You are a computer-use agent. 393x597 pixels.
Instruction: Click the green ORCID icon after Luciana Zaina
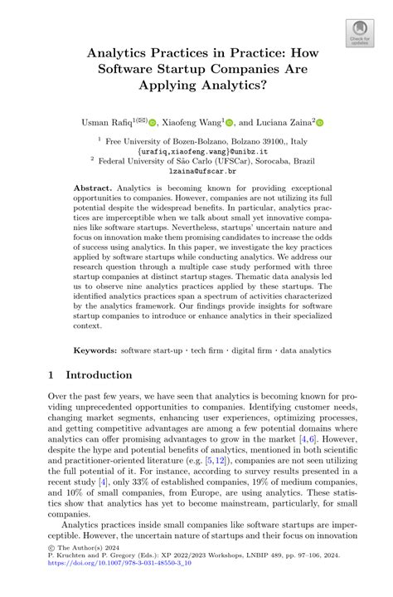319,122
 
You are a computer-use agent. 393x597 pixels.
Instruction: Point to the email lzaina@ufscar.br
196,170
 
